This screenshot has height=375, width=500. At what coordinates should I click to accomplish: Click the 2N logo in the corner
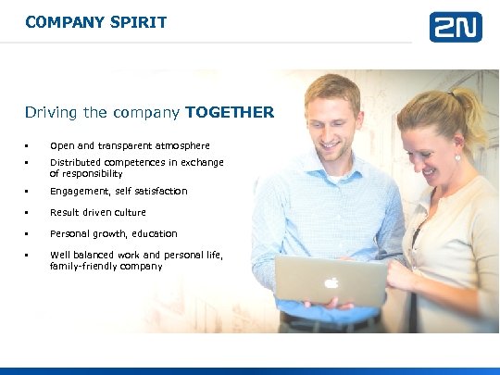click(x=455, y=27)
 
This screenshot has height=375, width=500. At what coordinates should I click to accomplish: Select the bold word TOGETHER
click(x=230, y=113)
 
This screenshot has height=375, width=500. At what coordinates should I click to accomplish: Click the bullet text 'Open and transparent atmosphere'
click(x=130, y=145)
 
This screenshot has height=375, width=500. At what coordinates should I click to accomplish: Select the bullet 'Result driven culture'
click(x=97, y=212)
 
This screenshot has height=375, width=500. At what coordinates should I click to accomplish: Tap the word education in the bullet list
click(x=155, y=233)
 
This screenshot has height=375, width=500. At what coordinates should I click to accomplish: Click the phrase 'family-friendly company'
click(x=106, y=266)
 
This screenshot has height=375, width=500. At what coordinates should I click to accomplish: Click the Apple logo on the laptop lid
click(x=331, y=282)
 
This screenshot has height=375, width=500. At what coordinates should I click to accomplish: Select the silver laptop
click(x=331, y=281)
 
